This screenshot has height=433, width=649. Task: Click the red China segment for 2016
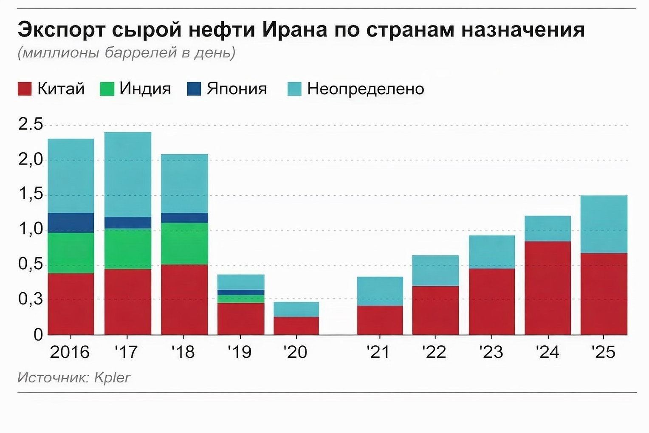[x=71, y=304]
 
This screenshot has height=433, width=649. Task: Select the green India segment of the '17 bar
[x=127, y=249]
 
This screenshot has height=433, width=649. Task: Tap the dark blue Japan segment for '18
[x=184, y=218]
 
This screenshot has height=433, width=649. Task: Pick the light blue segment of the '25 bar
[x=604, y=224]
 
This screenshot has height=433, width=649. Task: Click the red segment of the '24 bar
[x=547, y=288]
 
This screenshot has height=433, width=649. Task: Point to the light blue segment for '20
[x=296, y=309]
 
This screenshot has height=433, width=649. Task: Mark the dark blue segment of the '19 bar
[x=241, y=292]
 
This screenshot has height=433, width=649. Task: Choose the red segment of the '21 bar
[x=380, y=320]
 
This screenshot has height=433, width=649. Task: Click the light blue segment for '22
[x=435, y=271]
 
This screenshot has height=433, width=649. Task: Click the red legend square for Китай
[x=25, y=89]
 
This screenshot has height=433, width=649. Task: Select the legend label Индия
[x=145, y=88]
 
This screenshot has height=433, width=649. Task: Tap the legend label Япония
[x=237, y=88]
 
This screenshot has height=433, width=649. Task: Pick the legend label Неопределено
[x=365, y=88]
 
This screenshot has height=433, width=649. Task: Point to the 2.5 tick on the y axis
[x=31, y=124]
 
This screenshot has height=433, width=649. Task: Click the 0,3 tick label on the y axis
[x=31, y=299]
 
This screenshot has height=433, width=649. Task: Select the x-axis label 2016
[x=70, y=352]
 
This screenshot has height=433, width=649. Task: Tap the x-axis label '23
[x=491, y=352]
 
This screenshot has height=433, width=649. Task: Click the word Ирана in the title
[x=294, y=30]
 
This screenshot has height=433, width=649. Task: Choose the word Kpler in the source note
[x=112, y=377]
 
